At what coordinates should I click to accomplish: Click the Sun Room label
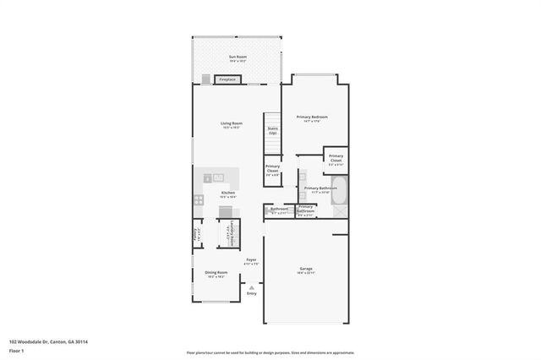click(x=237, y=57)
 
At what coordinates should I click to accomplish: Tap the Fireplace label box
click(x=227, y=79)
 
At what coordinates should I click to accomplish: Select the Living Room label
click(x=232, y=125)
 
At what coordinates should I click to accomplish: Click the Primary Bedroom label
click(x=311, y=117)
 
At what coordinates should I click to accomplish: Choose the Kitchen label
click(x=228, y=194)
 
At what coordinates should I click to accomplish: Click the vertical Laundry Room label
click(x=232, y=232)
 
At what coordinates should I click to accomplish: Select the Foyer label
click(x=250, y=261)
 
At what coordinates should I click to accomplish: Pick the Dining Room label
click(x=216, y=273)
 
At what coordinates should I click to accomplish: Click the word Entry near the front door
click(x=251, y=293)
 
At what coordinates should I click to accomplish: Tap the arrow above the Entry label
click(x=251, y=287)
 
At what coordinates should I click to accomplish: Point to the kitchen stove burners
click(x=199, y=200)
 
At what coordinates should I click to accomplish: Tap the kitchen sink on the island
click(x=217, y=177)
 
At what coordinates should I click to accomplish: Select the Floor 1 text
click(x=17, y=350)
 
